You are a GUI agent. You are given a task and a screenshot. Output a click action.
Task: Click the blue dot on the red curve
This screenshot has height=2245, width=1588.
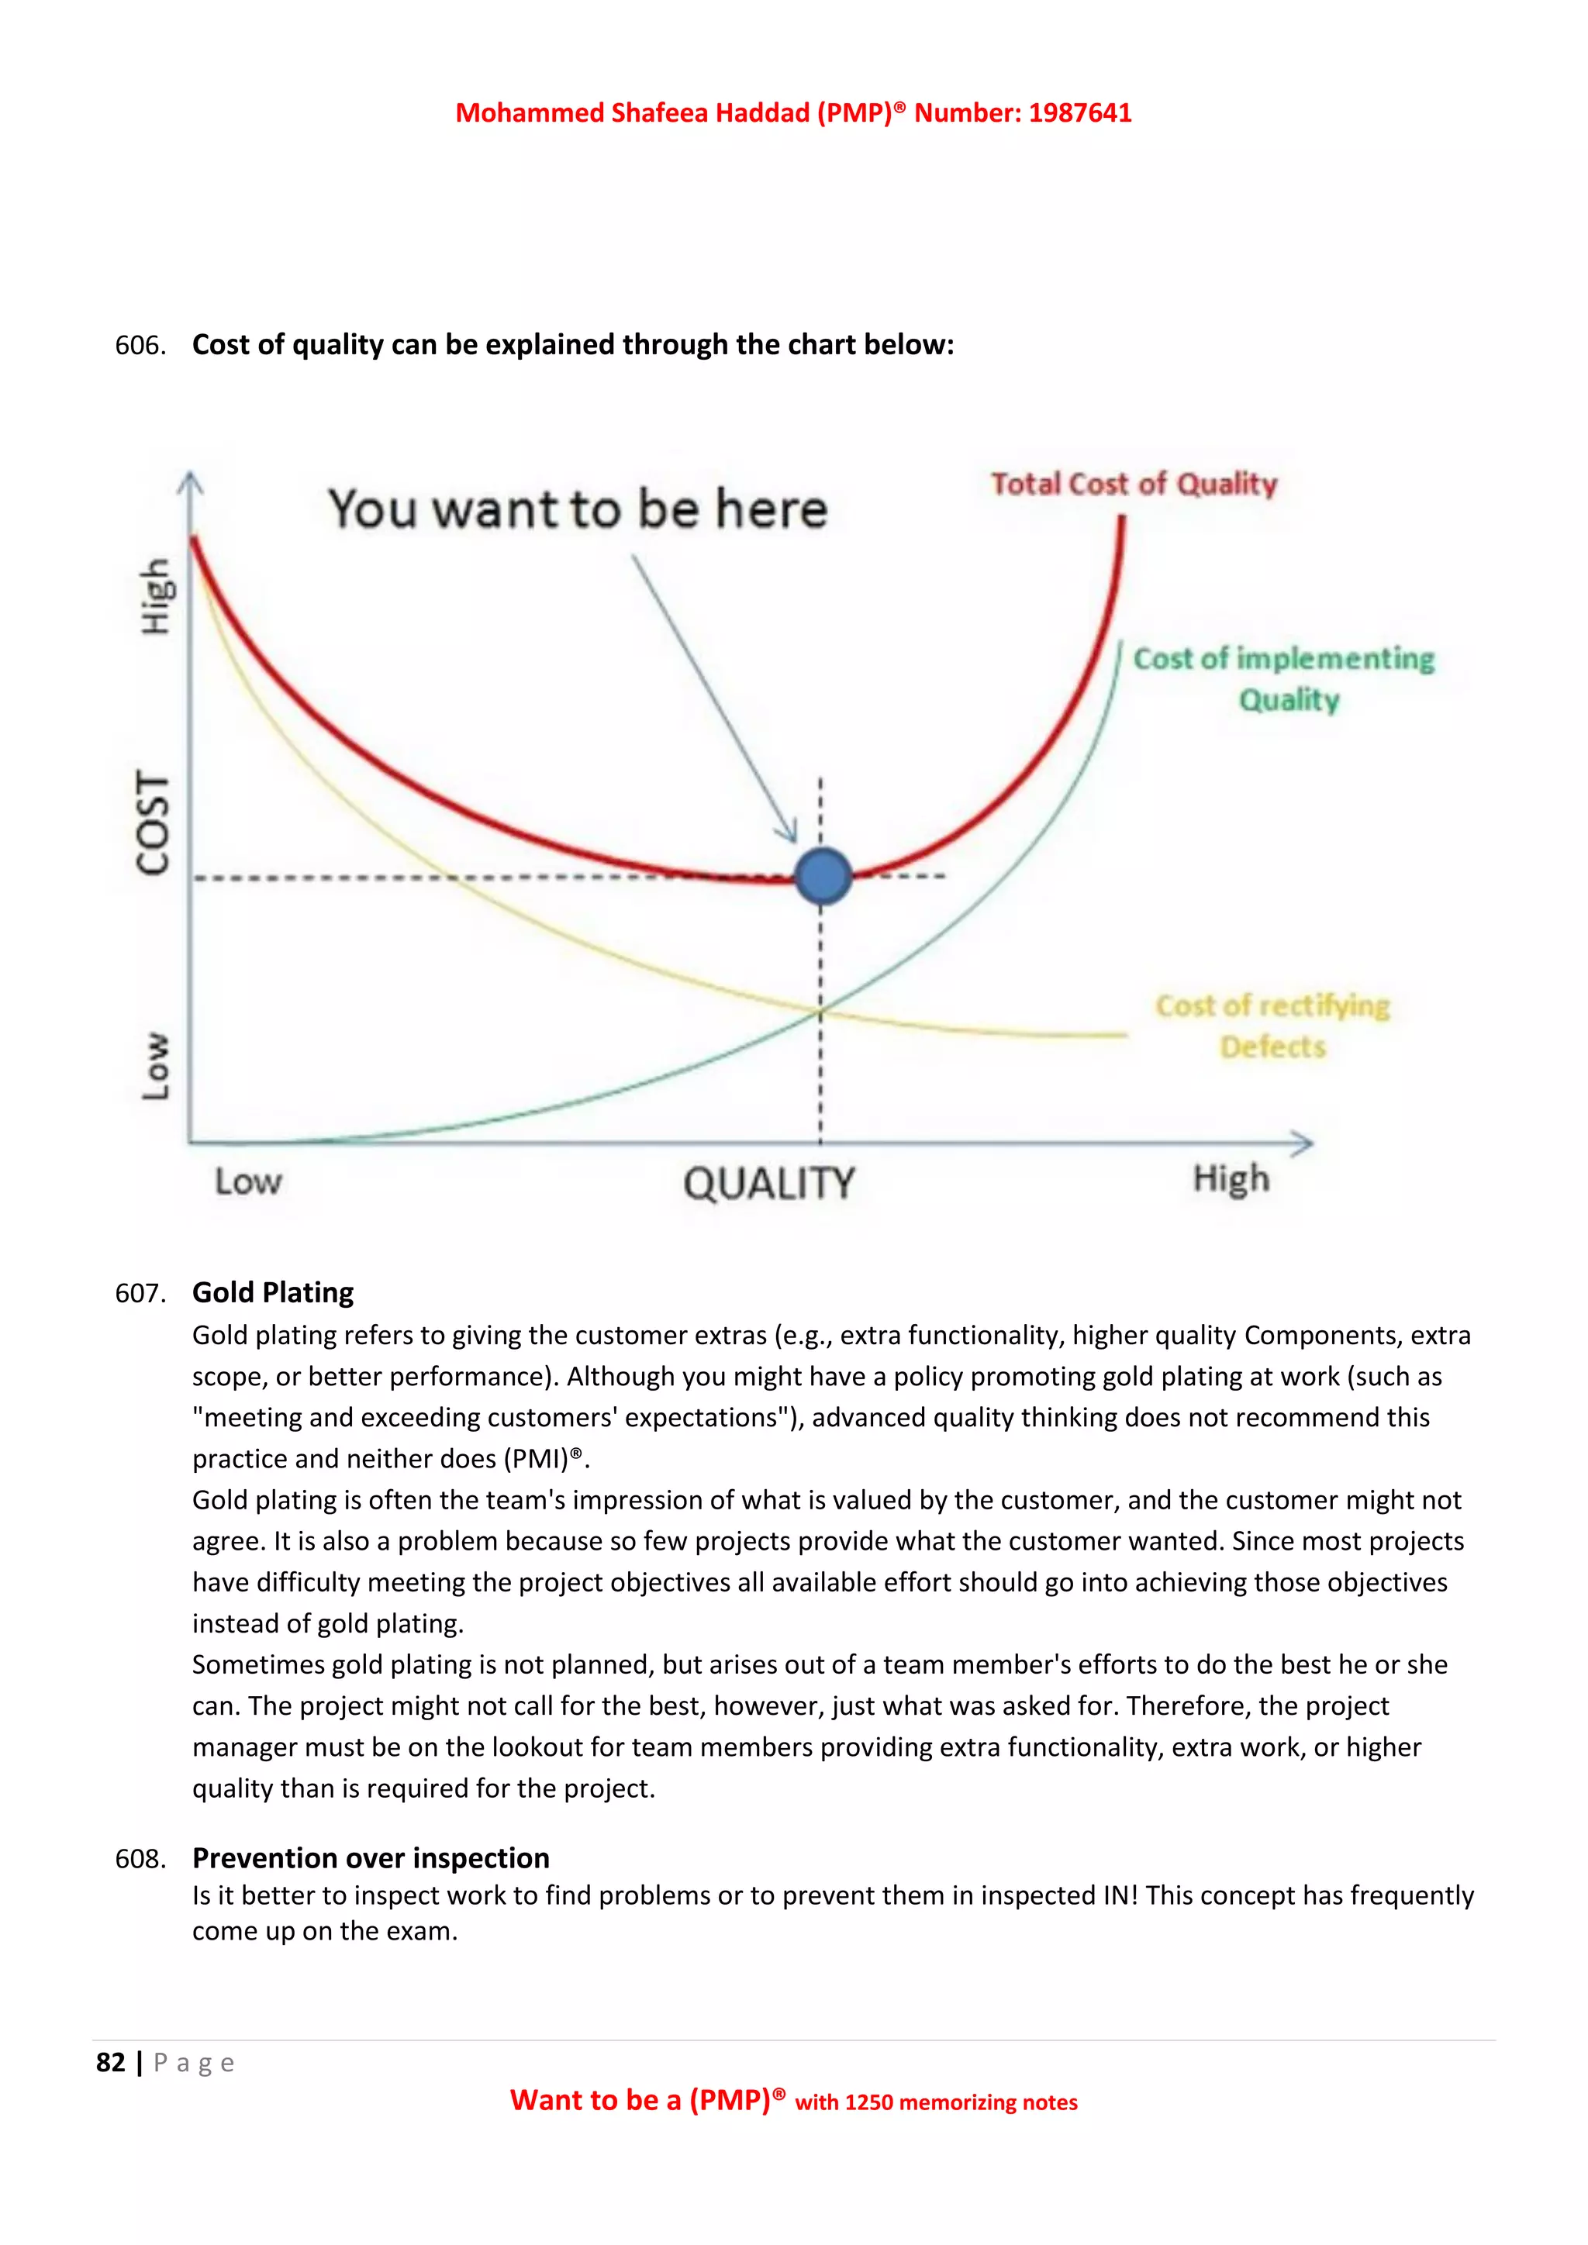(823, 876)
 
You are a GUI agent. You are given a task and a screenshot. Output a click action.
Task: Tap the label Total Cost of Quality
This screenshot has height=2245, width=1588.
(1134, 484)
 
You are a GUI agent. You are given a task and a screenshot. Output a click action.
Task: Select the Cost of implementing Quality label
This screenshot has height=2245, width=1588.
(1283, 678)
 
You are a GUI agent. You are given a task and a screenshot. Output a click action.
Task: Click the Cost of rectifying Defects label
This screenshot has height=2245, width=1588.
(1272, 1026)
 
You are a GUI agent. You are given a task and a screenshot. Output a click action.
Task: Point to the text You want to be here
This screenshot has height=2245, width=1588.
(578, 509)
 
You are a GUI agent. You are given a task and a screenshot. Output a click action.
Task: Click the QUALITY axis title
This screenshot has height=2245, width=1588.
(768, 1183)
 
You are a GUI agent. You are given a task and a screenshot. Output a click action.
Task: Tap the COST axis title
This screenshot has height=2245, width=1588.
(154, 822)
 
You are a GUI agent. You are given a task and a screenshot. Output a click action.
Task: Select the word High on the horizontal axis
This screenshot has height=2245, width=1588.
(1230, 1179)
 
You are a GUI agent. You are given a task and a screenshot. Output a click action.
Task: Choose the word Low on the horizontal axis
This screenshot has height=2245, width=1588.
(248, 1182)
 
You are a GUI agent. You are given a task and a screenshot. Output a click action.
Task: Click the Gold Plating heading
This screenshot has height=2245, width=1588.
(273, 1292)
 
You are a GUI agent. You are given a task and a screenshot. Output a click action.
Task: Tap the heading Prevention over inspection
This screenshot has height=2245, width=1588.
(371, 1858)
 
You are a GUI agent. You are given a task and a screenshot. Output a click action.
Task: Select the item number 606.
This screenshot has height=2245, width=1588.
(139, 345)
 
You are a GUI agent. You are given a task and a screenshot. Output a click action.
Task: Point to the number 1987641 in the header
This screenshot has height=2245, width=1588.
(1079, 113)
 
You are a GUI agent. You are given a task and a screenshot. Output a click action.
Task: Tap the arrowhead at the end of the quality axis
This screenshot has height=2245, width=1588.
(1303, 1142)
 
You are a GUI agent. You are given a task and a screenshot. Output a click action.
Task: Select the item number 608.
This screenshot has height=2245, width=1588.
(139, 1859)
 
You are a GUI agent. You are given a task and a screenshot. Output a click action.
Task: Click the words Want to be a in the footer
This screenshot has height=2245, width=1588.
(595, 2100)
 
